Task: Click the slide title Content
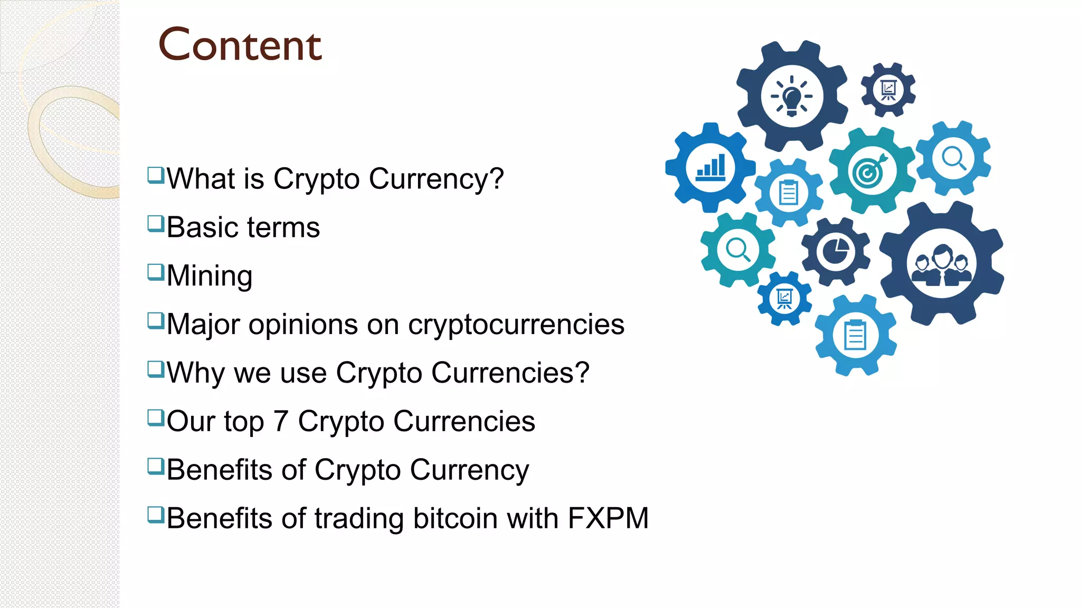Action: pos(240,45)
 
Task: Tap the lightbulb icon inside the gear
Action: pos(791,96)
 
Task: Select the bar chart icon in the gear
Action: pos(710,168)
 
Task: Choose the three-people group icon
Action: pos(941,263)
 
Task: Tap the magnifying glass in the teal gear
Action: pos(737,250)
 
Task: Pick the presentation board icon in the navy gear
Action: pos(888,90)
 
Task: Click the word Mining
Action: pos(210,276)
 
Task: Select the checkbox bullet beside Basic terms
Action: pos(156,223)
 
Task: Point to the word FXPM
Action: pos(608,518)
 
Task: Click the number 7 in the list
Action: pos(281,422)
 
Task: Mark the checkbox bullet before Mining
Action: pos(156,272)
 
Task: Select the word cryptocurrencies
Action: pos(516,325)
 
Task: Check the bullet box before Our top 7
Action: pos(156,417)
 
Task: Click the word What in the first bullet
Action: pos(201,179)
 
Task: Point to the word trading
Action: pos(359,518)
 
